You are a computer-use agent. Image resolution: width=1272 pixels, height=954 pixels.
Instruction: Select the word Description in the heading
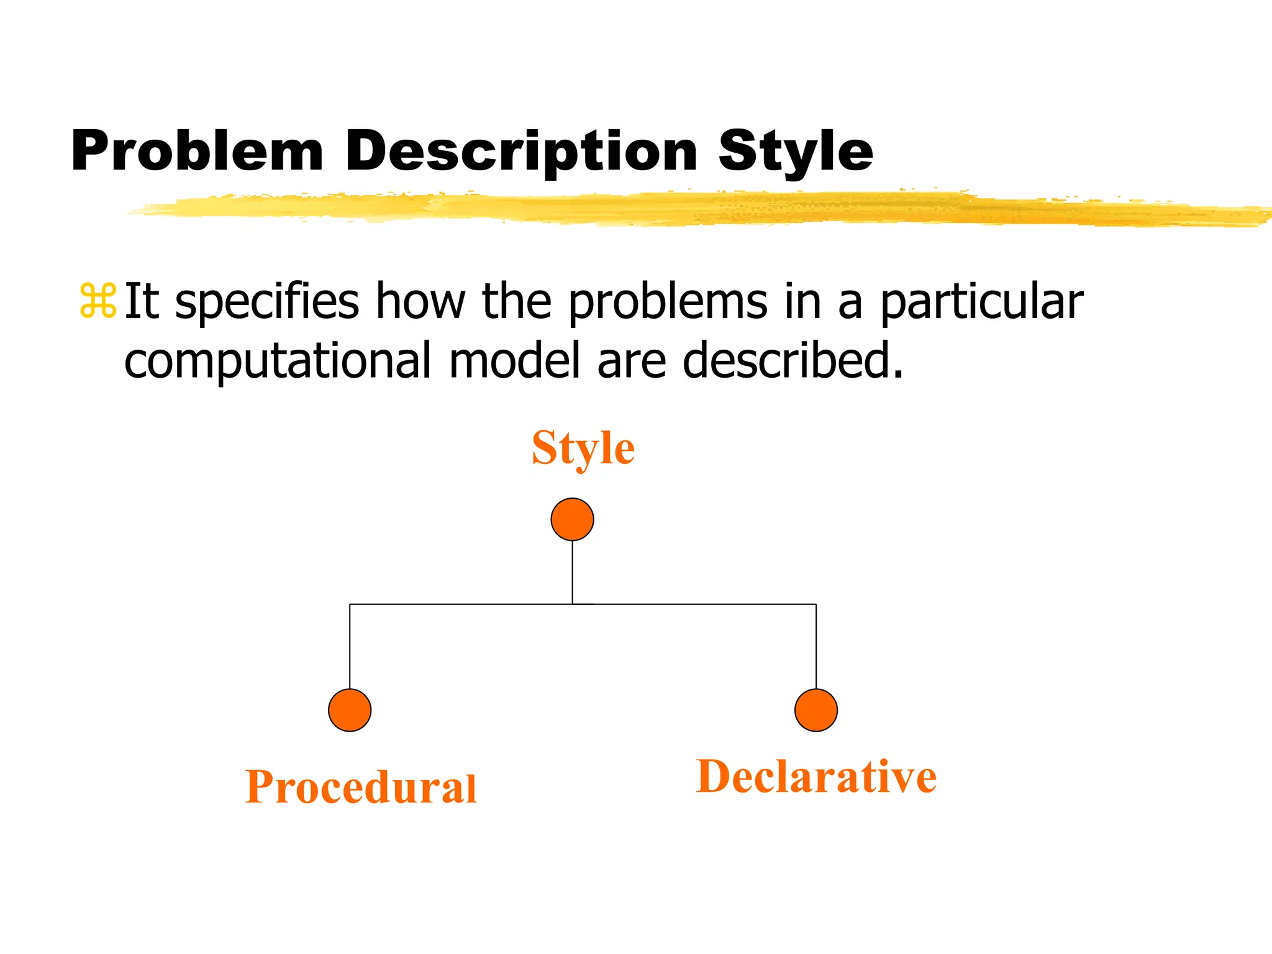521,152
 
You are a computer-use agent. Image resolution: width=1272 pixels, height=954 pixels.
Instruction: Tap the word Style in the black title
796,152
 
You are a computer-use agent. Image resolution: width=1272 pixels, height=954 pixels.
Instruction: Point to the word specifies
267,302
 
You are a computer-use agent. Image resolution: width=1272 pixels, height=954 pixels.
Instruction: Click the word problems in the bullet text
668,302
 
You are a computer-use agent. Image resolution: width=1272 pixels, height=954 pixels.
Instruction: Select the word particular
982,302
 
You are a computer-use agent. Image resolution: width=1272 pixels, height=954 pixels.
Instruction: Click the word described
793,360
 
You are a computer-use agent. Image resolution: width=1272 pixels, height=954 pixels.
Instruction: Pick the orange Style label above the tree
583,448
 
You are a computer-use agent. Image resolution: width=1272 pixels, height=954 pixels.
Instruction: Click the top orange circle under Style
572,519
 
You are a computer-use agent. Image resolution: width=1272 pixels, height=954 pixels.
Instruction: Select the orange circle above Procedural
350,710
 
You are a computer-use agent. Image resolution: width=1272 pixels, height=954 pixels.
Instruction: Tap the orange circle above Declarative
816,710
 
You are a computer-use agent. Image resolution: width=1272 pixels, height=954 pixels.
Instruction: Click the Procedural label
361,787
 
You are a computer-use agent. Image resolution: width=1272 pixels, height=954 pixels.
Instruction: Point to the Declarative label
816,776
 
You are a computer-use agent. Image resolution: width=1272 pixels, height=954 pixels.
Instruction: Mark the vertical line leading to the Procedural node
350,646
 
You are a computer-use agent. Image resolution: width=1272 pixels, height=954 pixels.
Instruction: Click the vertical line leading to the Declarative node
816,646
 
